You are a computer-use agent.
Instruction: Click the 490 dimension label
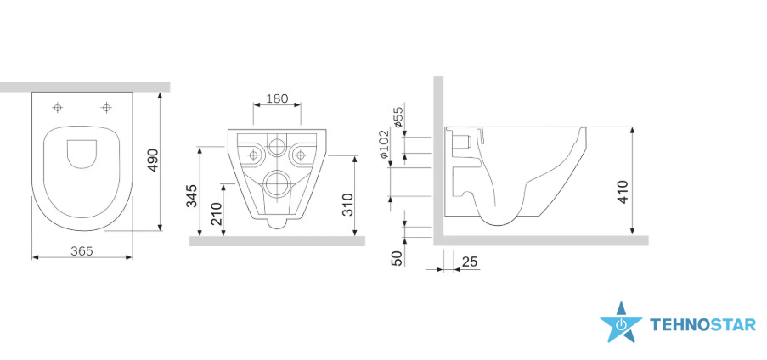pyautogui.click(x=153, y=160)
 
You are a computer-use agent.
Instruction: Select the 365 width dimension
pyautogui.click(x=82, y=251)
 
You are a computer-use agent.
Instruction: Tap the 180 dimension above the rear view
pyautogui.click(x=277, y=98)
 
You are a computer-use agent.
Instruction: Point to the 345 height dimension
pyautogui.click(x=193, y=195)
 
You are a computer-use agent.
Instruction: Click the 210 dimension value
pyautogui.click(x=216, y=213)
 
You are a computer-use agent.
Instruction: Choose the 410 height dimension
pyautogui.click(x=623, y=192)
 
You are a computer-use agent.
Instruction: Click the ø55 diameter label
pyautogui.click(x=398, y=117)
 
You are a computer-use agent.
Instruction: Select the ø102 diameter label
pyautogui.click(x=384, y=143)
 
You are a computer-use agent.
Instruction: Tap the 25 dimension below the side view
pyautogui.click(x=470, y=262)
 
